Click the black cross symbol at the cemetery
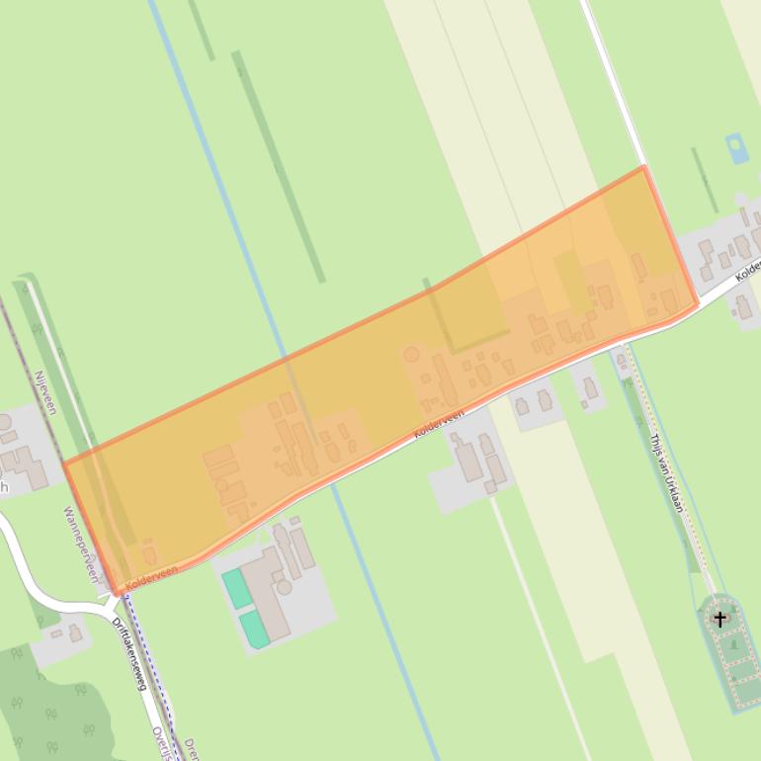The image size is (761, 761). [720, 620]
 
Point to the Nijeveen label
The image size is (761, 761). [44, 393]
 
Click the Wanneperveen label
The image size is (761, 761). [81, 545]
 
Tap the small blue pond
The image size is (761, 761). [737, 148]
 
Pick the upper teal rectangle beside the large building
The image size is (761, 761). [237, 589]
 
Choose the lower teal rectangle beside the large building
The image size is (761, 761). [255, 629]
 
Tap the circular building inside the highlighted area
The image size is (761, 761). [411, 354]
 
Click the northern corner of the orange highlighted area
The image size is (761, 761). [643, 167]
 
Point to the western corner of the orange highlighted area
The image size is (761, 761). [64, 463]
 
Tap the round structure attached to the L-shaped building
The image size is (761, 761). [286, 586]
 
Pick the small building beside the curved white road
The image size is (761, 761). [75, 634]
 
